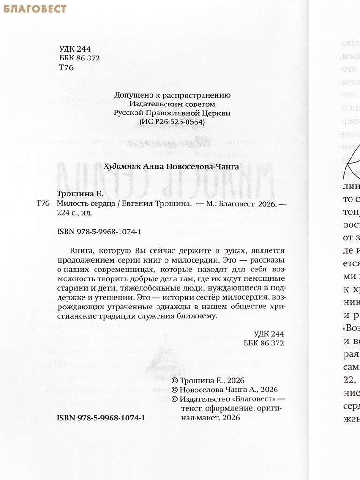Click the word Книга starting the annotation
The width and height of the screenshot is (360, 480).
[80, 249]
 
